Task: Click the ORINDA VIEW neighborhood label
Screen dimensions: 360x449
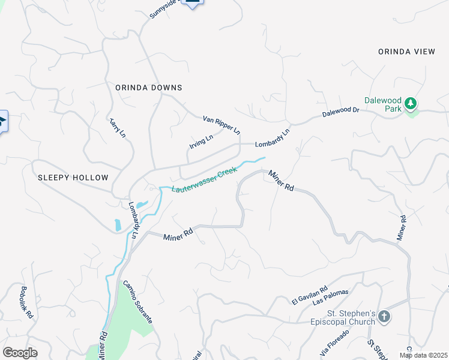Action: (406, 52)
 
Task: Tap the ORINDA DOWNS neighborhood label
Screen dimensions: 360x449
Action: (148, 88)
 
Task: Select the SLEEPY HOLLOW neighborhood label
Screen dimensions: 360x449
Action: (73, 178)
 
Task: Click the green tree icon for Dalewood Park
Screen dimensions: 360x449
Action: (411, 104)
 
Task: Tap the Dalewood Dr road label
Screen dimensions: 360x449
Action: (340, 112)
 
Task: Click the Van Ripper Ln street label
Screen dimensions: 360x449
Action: (221, 125)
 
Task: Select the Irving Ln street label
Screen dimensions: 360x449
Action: (201, 142)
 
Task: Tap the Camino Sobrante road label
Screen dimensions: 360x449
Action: (139, 302)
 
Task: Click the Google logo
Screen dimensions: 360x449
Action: (20, 353)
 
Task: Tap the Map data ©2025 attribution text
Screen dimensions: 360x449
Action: (423, 355)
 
